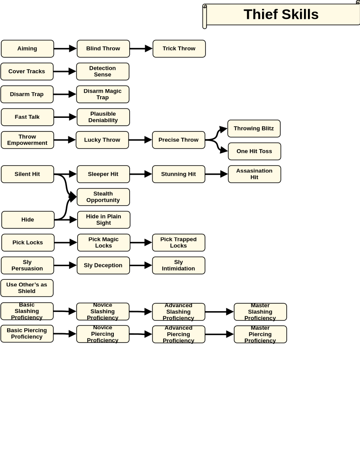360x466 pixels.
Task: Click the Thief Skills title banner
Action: (x=281, y=15)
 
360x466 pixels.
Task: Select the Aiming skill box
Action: (x=27, y=49)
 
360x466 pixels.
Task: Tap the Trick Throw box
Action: (x=179, y=49)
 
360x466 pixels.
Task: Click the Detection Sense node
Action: (x=103, y=71)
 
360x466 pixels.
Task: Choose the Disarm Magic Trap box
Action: (x=103, y=94)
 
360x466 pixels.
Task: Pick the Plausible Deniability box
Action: (x=103, y=117)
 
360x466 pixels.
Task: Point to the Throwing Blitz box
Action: (x=254, y=129)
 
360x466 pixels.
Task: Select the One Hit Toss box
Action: (x=255, y=151)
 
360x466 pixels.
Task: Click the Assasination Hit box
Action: (x=255, y=174)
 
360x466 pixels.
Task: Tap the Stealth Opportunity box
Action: (x=103, y=197)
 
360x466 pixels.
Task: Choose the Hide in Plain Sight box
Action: (x=104, y=220)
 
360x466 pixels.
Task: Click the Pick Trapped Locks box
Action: (x=179, y=243)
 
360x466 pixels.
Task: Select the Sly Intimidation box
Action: (x=179, y=265)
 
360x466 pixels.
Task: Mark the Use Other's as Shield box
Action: (x=27, y=288)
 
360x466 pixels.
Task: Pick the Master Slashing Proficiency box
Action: (x=260, y=312)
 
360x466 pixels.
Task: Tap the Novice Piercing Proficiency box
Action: (x=103, y=334)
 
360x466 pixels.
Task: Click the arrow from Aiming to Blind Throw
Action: (x=65, y=49)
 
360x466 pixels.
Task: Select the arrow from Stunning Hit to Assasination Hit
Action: (x=217, y=174)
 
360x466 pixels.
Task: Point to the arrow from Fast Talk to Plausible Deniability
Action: (x=65, y=117)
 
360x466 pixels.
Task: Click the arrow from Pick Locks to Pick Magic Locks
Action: (x=66, y=243)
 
